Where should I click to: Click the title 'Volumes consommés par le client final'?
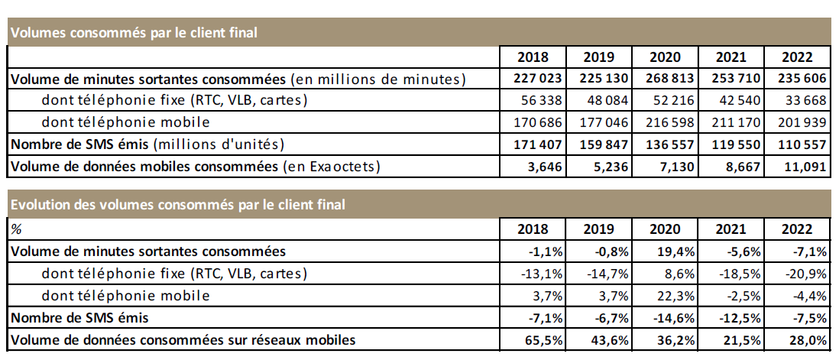click(x=134, y=32)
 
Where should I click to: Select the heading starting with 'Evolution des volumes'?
click(x=177, y=204)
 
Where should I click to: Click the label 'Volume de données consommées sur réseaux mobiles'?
click(x=183, y=338)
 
